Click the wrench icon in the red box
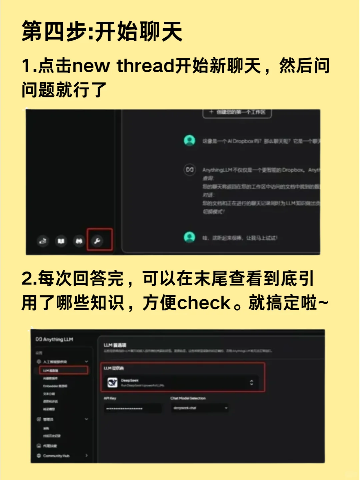[x=97, y=240]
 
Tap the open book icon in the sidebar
[x=61, y=241]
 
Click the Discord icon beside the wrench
[x=79, y=241]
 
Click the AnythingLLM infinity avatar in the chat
[x=189, y=169]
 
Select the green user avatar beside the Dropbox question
[x=189, y=140]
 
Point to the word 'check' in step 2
[x=204, y=303]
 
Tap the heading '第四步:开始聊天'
[x=102, y=31]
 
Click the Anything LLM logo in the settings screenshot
[x=54, y=339]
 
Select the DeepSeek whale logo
[x=113, y=382]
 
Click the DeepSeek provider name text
[x=130, y=380]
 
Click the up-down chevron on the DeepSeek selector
[x=252, y=382]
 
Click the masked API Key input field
[x=133, y=408]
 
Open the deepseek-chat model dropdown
[x=200, y=408]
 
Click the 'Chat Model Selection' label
[x=188, y=398]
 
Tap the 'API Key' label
[x=110, y=398]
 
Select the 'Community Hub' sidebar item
[x=56, y=456]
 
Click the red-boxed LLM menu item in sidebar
[x=64, y=370]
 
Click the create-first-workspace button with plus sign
[x=237, y=112]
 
